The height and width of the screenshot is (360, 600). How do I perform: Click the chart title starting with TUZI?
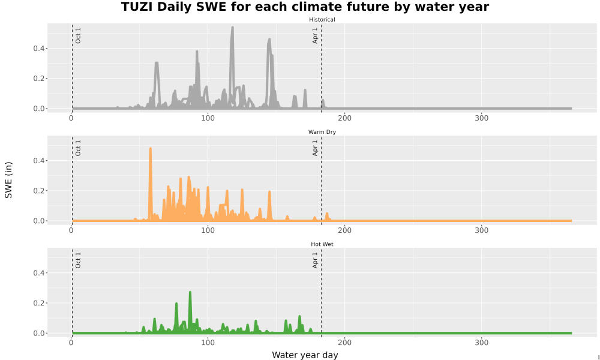click(x=305, y=7)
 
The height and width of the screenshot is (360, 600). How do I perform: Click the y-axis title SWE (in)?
click(x=8, y=180)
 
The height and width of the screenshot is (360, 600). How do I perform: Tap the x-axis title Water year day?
click(x=305, y=355)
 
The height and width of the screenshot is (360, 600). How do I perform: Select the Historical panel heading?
click(x=322, y=20)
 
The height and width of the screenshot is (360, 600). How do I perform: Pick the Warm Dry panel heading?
click(x=322, y=132)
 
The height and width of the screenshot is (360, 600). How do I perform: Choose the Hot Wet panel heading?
click(x=322, y=244)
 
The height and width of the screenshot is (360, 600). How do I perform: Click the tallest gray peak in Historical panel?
click(x=232, y=28)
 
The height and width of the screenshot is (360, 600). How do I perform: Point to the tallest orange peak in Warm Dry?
click(x=151, y=148)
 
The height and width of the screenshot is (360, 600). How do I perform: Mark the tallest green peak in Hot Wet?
click(x=190, y=293)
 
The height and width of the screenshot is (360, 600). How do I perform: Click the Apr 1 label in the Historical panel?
click(x=315, y=35)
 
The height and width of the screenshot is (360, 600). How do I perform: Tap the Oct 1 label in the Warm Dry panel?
click(x=78, y=148)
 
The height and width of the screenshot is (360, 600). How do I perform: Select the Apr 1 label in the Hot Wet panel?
click(x=315, y=260)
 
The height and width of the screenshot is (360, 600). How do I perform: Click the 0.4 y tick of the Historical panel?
click(x=38, y=48)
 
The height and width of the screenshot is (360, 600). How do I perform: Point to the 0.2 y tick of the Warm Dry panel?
click(x=38, y=191)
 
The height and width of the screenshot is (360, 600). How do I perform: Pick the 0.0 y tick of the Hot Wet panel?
click(x=38, y=333)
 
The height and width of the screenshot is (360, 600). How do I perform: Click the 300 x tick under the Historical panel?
click(x=481, y=118)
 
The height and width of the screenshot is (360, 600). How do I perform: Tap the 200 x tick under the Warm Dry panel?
click(x=345, y=230)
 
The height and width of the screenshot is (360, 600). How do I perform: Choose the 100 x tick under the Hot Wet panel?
click(x=208, y=343)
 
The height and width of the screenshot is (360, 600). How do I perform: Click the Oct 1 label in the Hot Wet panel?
click(x=78, y=260)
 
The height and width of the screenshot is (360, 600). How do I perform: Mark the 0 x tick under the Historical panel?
click(x=71, y=118)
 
